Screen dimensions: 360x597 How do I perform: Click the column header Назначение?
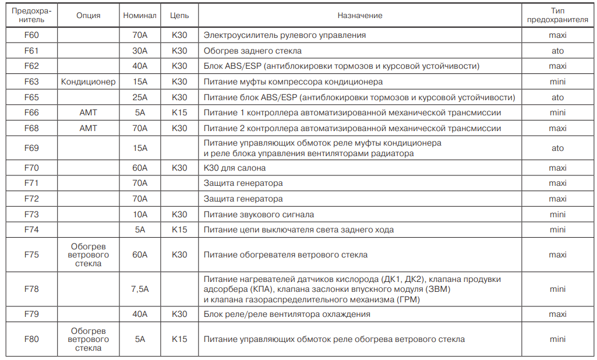359,16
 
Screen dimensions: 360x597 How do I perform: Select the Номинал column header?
140,16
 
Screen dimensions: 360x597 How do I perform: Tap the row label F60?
31,35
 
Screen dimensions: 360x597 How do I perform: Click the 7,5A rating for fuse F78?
140,289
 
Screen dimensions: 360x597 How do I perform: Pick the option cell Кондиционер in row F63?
89,82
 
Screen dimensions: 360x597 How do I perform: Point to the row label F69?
31,148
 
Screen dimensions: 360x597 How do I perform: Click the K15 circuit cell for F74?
179,230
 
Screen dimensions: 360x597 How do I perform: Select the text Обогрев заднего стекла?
252,51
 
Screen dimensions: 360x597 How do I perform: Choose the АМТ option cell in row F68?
89,128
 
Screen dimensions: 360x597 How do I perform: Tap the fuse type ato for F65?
557,97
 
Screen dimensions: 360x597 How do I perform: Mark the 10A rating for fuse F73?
140,214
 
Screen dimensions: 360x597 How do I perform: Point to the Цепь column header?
179,16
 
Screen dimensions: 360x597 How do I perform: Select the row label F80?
31,338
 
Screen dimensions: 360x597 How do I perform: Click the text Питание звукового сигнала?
259,214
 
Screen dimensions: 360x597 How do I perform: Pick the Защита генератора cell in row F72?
243,199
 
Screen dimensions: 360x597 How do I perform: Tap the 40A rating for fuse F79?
140,314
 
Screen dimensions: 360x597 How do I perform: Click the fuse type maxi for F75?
557,255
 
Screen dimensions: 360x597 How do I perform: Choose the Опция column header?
89,16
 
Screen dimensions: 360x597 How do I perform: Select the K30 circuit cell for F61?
179,51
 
